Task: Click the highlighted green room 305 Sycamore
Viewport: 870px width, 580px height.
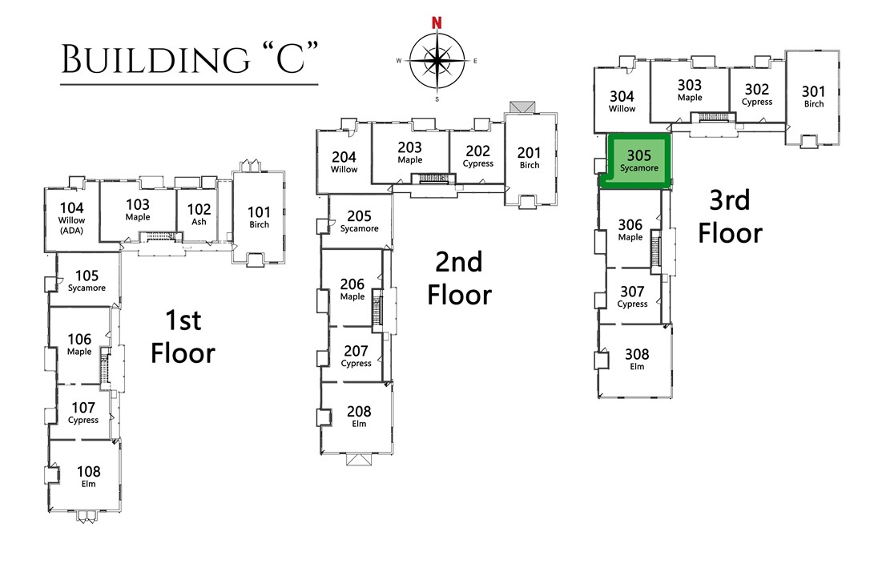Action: (x=638, y=160)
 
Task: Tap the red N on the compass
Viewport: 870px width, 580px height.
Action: (x=437, y=22)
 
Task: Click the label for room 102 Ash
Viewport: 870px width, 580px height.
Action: (x=199, y=214)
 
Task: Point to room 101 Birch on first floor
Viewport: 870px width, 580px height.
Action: (x=259, y=217)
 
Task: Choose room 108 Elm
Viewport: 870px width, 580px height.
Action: (x=88, y=477)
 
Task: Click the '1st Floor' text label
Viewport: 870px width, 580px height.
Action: (x=183, y=336)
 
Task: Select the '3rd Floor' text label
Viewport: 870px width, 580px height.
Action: (x=730, y=216)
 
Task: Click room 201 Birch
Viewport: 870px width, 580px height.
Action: (x=529, y=158)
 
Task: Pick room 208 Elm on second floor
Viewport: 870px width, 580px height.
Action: (x=359, y=417)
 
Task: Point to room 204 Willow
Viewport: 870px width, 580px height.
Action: (x=344, y=162)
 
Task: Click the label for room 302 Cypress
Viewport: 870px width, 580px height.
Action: (x=757, y=95)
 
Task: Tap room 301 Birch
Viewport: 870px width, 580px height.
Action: (x=813, y=97)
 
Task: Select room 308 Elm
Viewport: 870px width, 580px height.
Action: (x=637, y=360)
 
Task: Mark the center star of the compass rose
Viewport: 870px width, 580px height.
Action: (x=437, y=61)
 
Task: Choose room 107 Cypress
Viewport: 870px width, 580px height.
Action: (x=83, y=413)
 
